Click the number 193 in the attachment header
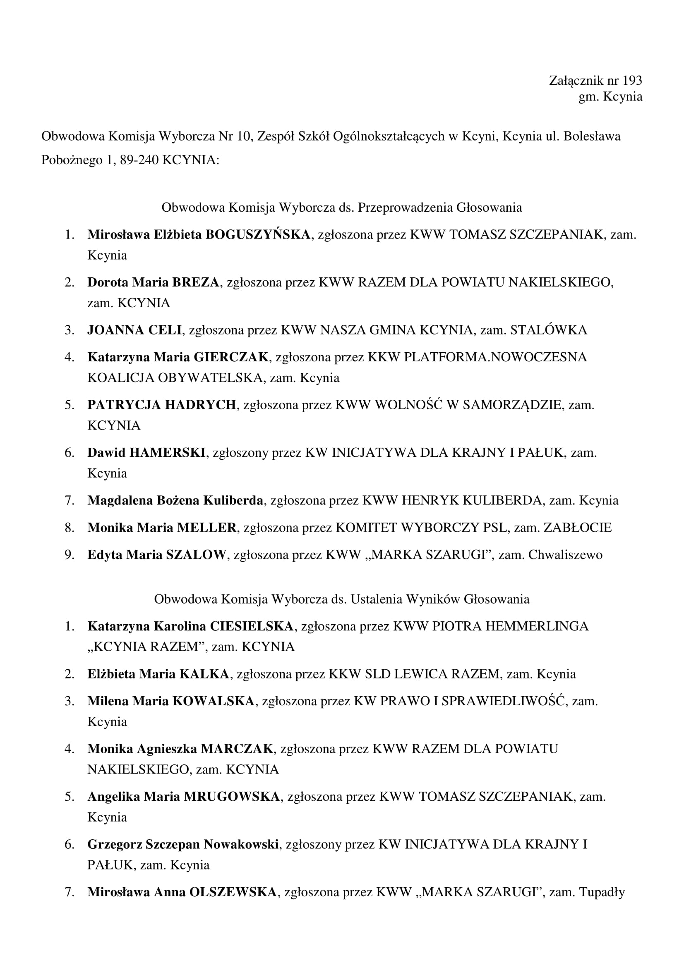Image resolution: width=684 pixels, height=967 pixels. (x=632, y=80)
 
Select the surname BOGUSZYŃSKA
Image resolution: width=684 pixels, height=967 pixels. (x=258, y=234)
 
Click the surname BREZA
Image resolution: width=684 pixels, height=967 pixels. (x=196, y=282)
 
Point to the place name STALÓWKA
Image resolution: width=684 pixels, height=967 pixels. (x=548, y=330)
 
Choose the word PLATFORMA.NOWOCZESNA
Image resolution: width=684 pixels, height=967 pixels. (x=495, y=357)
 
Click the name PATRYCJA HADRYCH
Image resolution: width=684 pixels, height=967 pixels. (x=162, y=405)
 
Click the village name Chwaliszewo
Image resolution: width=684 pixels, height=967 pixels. (x=565, y=555)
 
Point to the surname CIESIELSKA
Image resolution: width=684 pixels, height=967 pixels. (x=252, y=626)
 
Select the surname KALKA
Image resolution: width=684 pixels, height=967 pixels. (x=204, y=674)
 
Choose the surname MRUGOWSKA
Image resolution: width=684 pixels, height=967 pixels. (x=232, y=796)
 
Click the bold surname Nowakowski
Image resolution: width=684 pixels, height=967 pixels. (x=241, y=844)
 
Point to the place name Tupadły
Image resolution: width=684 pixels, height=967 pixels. (x=602, y=892)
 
